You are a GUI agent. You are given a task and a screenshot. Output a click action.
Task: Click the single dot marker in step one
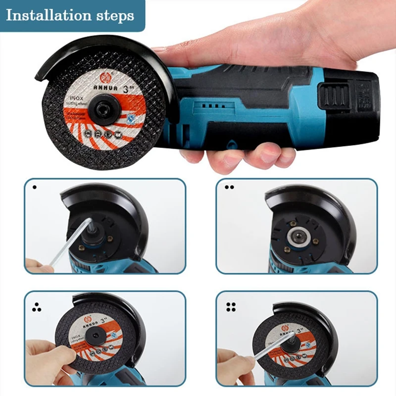[34, 188]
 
